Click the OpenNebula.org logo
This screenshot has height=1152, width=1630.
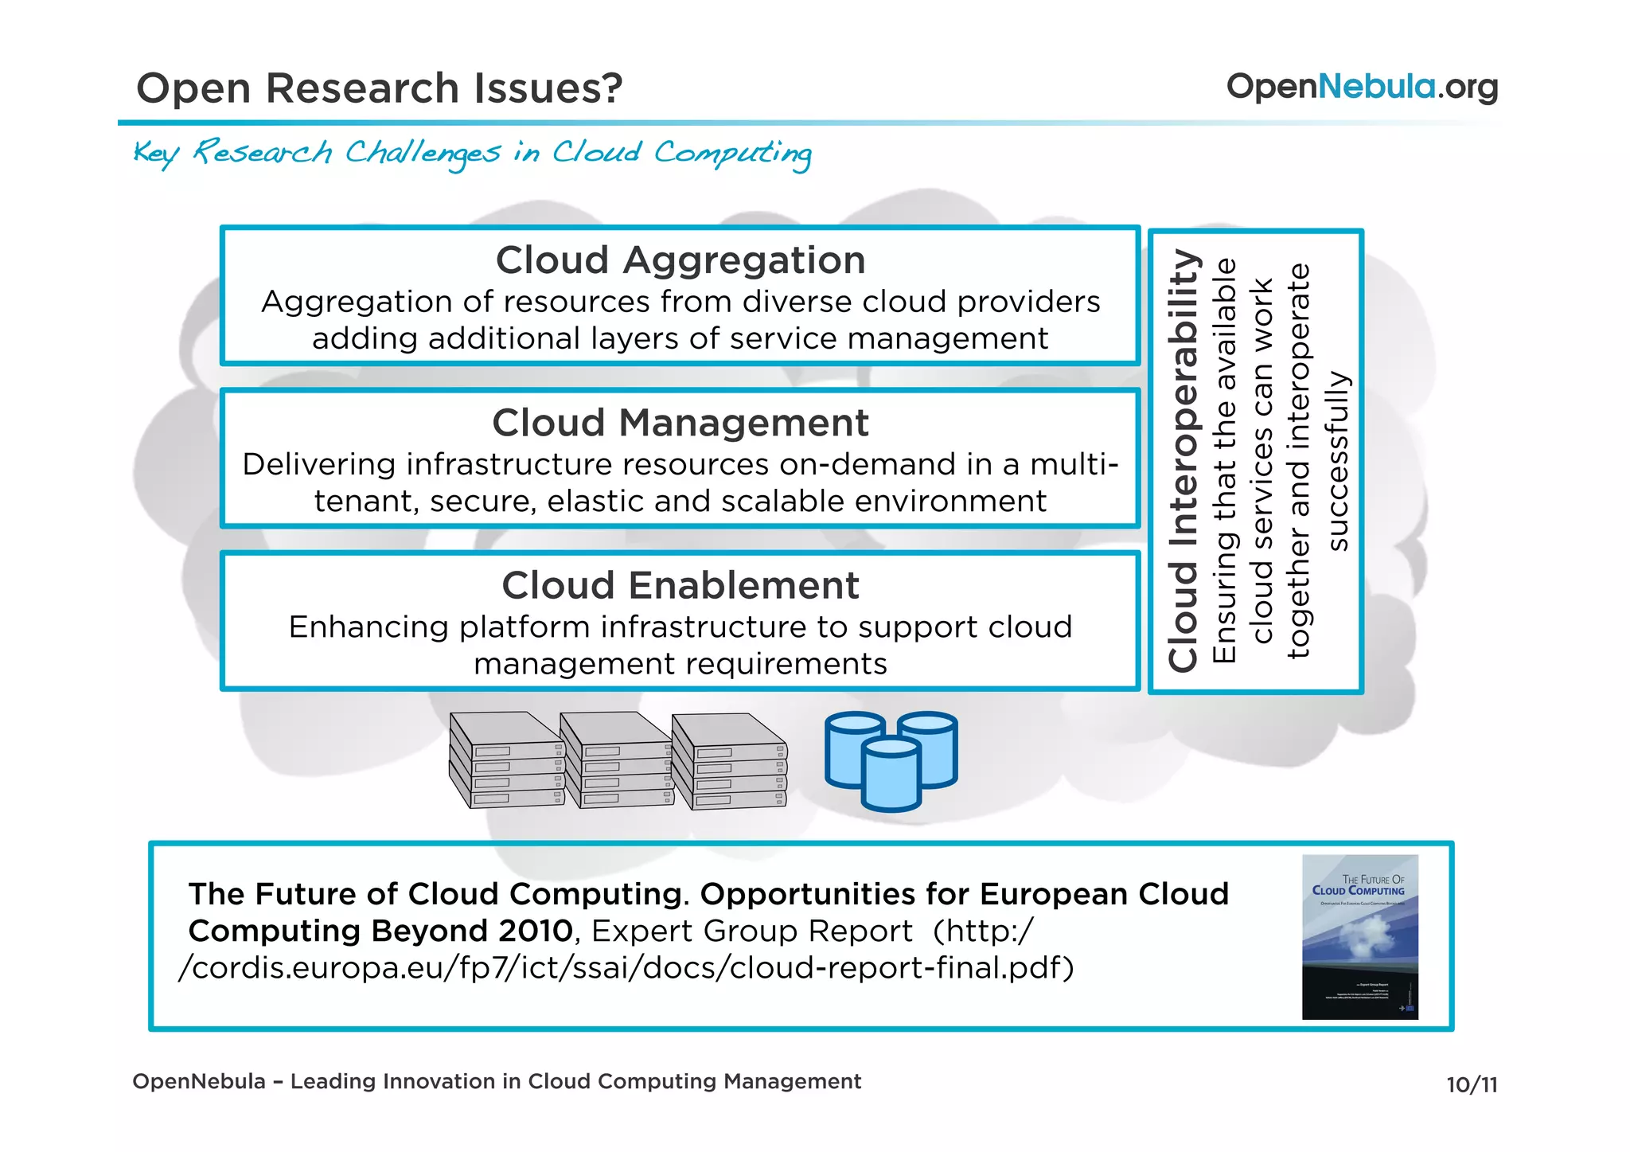coord(1362,87)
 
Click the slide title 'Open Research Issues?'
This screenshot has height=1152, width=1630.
coord(379,88)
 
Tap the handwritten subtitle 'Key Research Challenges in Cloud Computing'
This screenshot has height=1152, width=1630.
coord(473,153)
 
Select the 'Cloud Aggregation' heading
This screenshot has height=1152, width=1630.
coord(680,260)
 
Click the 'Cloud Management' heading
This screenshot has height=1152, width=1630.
coord(680,423)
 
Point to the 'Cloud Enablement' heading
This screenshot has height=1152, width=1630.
coord(680,585)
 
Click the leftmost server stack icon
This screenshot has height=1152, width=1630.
coord(506,760)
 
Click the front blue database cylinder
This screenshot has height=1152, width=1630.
coord(892,775)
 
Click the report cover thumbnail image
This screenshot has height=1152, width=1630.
coord(1359,937)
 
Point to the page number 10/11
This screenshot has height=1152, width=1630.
coord(1472,1085)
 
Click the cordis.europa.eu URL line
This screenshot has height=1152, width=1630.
coord(626,968)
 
